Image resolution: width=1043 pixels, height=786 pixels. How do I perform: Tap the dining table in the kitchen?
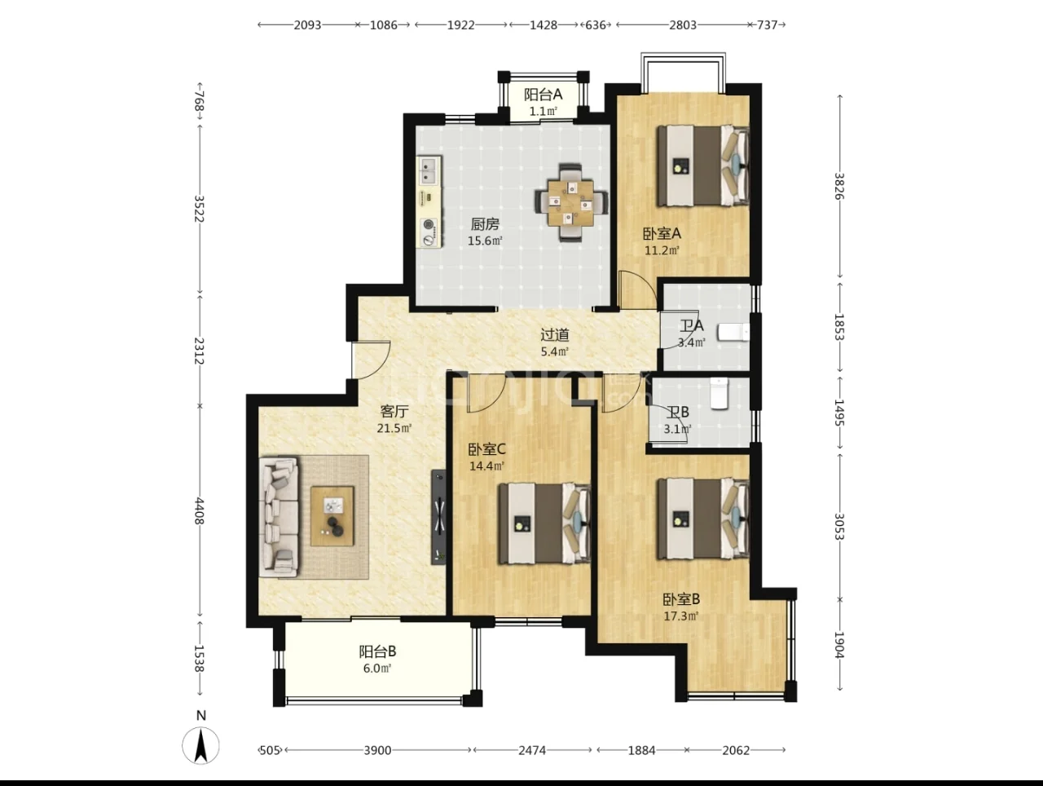pos(570,202)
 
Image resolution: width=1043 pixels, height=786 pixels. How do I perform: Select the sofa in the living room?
pos(279,517)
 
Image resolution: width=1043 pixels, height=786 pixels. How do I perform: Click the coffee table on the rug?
pos(332,516)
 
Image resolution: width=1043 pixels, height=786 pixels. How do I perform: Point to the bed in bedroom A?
pos(702,165)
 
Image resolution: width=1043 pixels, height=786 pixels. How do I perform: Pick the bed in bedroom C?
pos(544,523)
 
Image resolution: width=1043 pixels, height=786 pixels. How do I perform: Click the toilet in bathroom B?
pos(719,393)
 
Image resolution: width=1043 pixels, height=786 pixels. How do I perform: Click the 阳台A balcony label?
pos(544,95)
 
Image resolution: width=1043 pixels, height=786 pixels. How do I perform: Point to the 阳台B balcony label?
pos(377,651)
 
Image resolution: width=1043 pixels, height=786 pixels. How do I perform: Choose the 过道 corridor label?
pos(555,335)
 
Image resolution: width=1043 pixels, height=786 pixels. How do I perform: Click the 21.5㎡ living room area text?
pos(394,428)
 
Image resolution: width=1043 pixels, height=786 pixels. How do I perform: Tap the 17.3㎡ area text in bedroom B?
pos(681,616)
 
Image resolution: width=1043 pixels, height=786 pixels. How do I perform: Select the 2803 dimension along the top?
pos(683,24)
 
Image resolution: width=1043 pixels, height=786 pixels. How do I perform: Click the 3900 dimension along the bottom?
pos(377,750)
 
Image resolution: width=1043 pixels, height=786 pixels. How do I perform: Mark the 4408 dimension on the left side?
pos(200,511)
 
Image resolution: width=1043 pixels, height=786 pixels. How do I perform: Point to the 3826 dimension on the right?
pos(839,186)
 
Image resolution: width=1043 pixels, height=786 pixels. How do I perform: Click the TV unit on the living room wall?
pos(438,518)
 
